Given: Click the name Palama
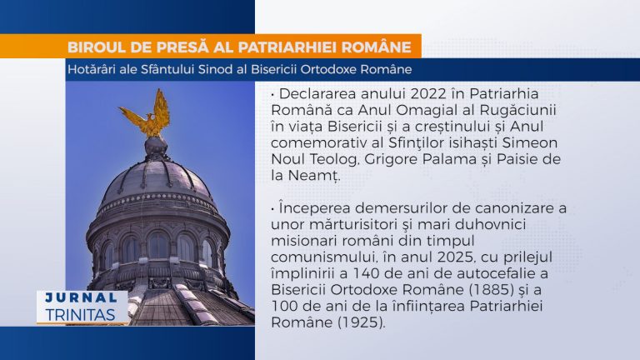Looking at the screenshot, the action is (449, 159).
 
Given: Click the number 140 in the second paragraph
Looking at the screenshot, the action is (364, 273).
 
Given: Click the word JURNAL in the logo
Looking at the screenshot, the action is (82, 297).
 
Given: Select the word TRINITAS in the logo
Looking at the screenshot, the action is (80, 315).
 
